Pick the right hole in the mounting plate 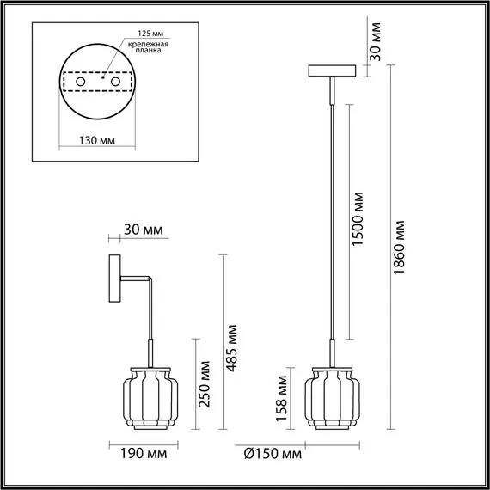coord(111,82)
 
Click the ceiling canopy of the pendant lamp coord(331,70)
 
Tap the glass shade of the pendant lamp coord(331,395)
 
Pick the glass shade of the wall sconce coord(151,395)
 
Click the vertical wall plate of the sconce coord(114,280)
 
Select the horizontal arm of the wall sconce coord(136,278)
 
